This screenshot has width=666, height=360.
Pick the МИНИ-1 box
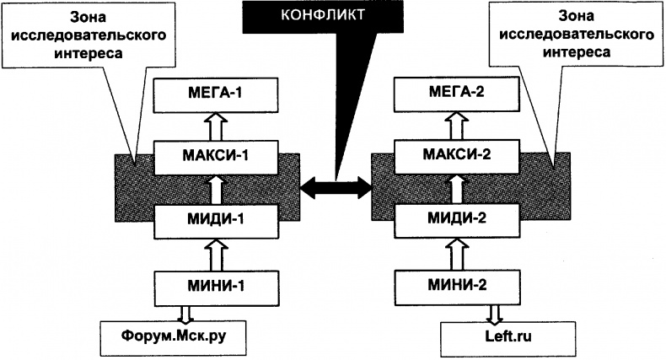(x=213, y=284)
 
